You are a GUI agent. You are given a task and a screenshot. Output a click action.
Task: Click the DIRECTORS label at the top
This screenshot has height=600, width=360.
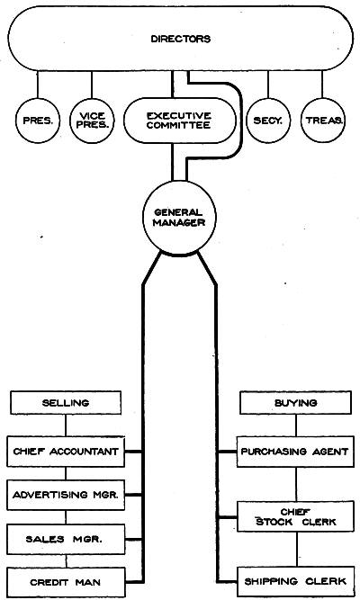click(180, 39)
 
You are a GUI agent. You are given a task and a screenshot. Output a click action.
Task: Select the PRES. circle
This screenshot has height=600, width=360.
click(38, 121)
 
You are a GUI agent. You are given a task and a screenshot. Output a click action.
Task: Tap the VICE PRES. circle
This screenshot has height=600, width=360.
click(92, 121)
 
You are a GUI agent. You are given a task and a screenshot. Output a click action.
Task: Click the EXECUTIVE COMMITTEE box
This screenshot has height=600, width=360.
click(179, 121)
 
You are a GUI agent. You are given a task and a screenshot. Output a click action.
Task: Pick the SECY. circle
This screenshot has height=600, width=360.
click(267, 121)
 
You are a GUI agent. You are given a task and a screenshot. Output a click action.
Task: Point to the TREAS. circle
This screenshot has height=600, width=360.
click(322, 121)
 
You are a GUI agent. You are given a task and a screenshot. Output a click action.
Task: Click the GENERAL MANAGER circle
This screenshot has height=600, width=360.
click(179, 218)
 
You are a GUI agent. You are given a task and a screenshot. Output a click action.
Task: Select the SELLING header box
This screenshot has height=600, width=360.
click(66, 403)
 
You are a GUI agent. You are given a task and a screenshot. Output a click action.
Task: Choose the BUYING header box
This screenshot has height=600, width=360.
click(295, 403)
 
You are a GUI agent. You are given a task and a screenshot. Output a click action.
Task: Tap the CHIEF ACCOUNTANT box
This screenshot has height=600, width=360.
click(66, 452)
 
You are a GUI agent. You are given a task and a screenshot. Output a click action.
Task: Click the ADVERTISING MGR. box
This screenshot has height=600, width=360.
click(66, 495)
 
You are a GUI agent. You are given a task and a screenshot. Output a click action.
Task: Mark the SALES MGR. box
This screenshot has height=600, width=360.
click(66, 539)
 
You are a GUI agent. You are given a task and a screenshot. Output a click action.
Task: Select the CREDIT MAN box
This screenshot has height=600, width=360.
click(66, 582)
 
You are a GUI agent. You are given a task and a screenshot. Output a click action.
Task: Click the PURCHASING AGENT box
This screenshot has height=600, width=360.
click(295, 452)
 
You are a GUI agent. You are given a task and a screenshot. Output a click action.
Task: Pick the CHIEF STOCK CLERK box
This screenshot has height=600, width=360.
click(295, 516)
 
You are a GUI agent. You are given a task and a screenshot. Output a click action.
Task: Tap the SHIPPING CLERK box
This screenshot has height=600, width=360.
click(295, 582)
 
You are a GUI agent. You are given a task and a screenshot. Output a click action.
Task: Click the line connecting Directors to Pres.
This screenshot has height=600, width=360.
click(38, 85)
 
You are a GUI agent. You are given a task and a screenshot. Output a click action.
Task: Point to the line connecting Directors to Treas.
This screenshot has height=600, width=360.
click(322, 85)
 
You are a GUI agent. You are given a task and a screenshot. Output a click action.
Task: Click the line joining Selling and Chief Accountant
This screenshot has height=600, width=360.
click(66, 425)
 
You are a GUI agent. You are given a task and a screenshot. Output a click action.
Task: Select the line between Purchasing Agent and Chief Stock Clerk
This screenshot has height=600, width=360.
click(296, 484)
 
